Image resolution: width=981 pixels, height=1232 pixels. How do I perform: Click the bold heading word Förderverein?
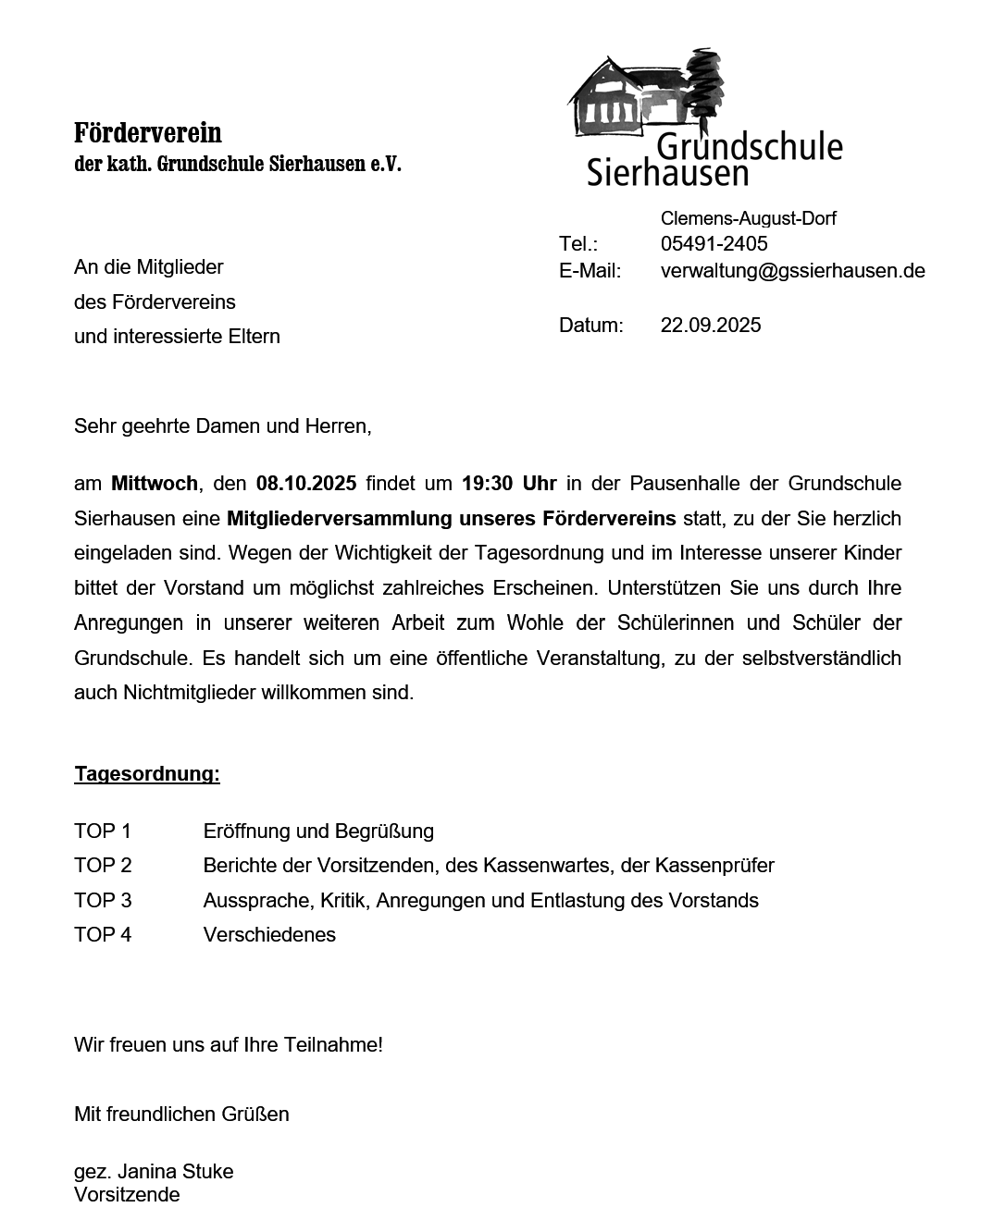(x=148, y=133)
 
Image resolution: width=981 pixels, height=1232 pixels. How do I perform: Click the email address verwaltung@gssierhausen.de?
(x=792, y=271)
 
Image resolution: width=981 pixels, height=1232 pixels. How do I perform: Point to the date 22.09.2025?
(x=711, y=325)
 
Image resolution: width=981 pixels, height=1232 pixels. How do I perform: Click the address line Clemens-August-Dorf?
(x=748, y=218)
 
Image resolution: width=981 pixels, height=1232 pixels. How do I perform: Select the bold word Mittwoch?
(x=154, y=483)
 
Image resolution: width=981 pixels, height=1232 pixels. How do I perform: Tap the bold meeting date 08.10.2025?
(x=306, y=483)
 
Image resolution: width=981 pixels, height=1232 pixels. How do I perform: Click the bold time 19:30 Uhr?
(x=509, y=483)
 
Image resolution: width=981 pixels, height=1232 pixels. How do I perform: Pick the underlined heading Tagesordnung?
(x=147, y=773)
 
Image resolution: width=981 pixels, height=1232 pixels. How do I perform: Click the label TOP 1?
(x=103, y=831)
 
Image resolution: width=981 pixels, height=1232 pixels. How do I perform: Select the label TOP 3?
(x=103, y=900)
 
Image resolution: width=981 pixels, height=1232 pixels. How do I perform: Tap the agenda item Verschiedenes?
(x=269, y=934)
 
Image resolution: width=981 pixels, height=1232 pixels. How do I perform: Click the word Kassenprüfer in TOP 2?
(x=714, y=866)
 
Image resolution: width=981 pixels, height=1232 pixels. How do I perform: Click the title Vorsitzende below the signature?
(x=127, y=1194)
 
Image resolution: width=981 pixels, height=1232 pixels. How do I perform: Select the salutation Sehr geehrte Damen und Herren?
(x=222, y=426)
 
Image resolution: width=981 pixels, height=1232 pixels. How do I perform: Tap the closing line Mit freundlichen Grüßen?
(x=181, y=1114)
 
